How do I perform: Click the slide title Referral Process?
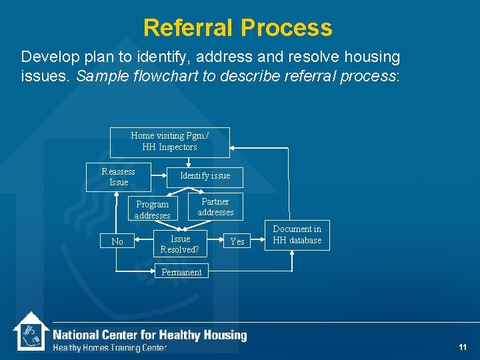pos(237,28)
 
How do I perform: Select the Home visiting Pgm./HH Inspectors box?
pos(169,142)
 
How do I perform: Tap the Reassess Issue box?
pos(119,177)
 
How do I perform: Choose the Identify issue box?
pos(205,176)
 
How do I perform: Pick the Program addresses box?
pos(153,209)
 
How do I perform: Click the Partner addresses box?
pos(215,207)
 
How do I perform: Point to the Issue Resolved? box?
pos(180,244)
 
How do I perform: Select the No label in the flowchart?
pos(117,242)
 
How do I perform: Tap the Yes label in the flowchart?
pos(237,241)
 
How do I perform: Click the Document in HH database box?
pos(297,235)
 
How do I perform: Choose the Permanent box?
pos(181,272)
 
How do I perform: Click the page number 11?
pos(463,347)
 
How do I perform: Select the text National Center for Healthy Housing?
pos(149,335)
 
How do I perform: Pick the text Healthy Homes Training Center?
pos(110,348)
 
